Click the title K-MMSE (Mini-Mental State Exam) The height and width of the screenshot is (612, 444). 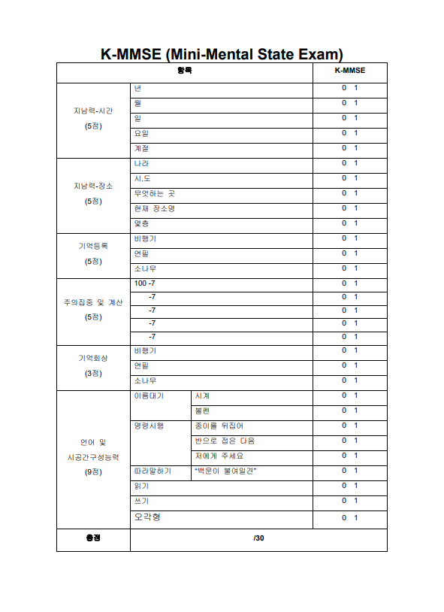click(x=222, y=53)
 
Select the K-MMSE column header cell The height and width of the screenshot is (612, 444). click(x=349, y=71)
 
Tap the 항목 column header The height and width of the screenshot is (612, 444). click(x=184, y=71)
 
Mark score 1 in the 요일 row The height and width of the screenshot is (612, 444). click(x=356, y=133)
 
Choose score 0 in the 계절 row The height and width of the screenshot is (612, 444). click(x=344, y=148)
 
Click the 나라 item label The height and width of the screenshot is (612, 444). click(x=141, y=163)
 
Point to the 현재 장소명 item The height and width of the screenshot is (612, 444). click(x=154, y=208)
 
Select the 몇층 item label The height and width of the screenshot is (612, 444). click(x=141, y=223)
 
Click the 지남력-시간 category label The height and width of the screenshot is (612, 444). click(x=93, y=111)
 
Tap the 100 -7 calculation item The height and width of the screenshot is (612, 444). click(x=144, y=283)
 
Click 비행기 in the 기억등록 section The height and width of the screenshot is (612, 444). click(x=145, y=238)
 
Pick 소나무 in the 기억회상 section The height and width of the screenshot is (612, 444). click(x=145, y=380)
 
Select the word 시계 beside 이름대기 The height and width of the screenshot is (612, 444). click(x=203, y=395)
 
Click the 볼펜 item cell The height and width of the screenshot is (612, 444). click(x=203, y=411)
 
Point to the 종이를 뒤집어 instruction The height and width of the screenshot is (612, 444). click(x=219, y=426)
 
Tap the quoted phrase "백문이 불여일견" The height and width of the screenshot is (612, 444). click(x=225, y=471)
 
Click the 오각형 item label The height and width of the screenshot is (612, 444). click(x=146, y=517)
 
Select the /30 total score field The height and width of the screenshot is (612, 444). click(x=258, y=538)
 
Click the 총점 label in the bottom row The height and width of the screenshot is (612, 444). click(x=93, y=538)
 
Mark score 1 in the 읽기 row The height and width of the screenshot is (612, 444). click(x=356, y=486)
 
